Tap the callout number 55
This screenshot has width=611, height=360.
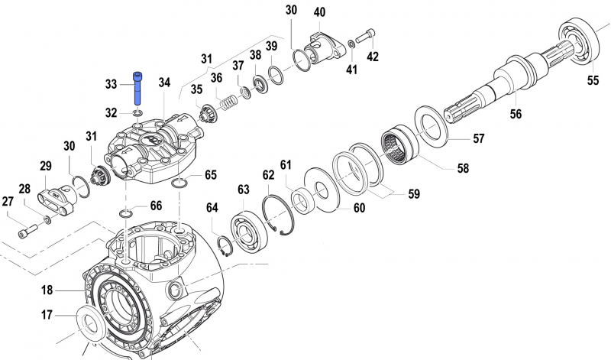pos(593,79)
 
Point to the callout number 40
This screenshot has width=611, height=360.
pos(319,11)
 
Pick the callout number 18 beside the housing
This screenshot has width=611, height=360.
pos(47,290)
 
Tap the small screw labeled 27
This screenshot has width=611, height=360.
pos(30,229)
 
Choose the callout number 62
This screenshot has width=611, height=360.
pos(269,175)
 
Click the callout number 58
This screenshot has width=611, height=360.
pos(463,168)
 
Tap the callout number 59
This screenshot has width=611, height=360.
pos(413,194)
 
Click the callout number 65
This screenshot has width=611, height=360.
pos(211,175)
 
